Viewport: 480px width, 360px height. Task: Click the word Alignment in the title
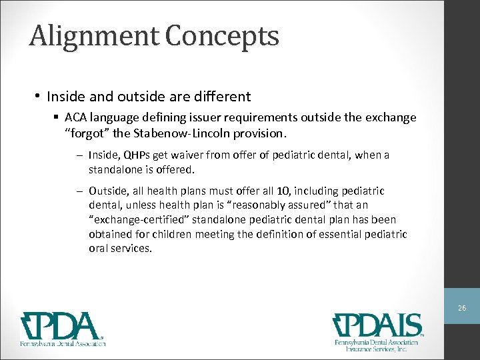(93, 35)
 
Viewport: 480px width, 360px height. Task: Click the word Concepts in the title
(223, 35)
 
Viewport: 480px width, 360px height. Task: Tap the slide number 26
(461, 309)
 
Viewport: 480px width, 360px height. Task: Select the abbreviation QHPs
(137, 155)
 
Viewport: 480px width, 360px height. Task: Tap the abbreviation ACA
(77, 117)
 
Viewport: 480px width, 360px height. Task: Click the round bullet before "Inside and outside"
(37, 97)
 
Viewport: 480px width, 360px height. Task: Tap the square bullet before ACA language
(57, 118)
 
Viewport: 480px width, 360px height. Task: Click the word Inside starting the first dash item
(102, 155)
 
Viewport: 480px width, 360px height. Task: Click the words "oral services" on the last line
(120, 248)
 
